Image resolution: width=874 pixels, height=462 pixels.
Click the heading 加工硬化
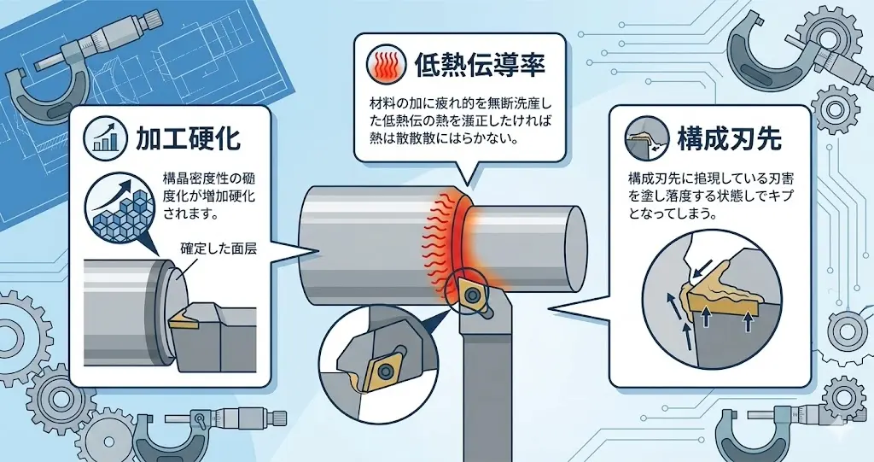pos(188,137)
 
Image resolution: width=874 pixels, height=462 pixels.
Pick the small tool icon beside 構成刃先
pos(645,137)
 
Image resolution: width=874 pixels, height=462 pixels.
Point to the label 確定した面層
pos(219,249)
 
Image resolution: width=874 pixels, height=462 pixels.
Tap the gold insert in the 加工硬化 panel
pos(181,320)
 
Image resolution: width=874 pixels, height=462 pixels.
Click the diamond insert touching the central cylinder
pos(472,291)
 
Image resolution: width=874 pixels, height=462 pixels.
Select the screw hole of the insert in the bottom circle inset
pos(383,371)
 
